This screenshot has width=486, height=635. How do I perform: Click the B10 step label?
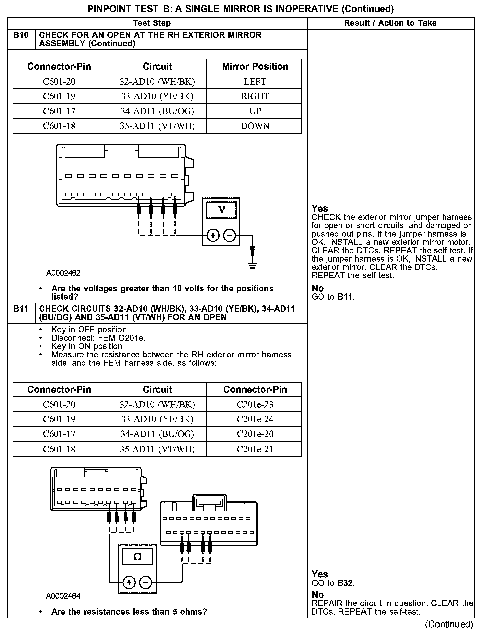(21, 35)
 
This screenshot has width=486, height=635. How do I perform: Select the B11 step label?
(21, 309)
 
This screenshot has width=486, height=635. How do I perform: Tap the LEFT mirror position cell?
(255, 82)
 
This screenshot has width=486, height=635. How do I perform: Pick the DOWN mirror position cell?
(255, 126)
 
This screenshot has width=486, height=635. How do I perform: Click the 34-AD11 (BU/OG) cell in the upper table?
(157, 111)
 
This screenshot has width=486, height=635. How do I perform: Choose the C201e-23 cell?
(255, 404)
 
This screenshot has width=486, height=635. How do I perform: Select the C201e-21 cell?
(255, 449)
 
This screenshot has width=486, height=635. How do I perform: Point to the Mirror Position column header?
(255, 67)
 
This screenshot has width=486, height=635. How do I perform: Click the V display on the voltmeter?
(221, 210)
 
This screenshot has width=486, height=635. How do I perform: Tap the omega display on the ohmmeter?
(137, 557)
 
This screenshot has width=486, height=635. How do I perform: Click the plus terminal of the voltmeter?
(213, 235)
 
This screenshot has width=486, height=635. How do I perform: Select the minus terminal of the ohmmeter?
(146, 583)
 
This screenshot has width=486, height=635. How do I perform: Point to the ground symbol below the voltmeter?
(253, 266)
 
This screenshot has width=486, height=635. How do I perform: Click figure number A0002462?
(63, 273)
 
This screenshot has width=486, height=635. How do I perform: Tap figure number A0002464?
(63, 596)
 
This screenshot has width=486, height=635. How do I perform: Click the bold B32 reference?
(346, 583)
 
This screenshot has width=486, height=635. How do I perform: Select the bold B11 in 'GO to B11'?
(345, 297)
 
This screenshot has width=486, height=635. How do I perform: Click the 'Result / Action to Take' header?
(390, 23)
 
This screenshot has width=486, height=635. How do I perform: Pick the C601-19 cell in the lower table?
(59, 419)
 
